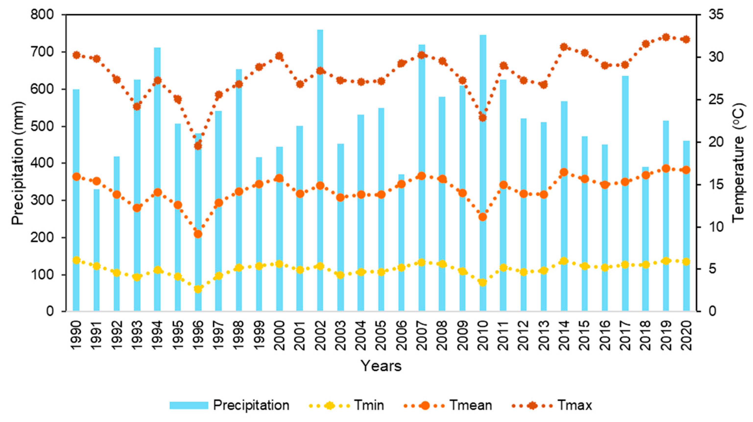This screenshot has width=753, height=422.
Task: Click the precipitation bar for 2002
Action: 320,170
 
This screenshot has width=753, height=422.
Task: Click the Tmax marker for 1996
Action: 198,146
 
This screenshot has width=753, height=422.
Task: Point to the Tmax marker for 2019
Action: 666,45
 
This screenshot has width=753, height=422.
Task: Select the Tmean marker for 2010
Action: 483,217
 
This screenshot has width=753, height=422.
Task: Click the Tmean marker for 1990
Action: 76,177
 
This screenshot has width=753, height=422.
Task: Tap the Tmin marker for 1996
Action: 198,289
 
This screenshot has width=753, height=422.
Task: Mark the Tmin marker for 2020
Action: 686,261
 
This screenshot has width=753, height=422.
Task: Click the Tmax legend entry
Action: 552,405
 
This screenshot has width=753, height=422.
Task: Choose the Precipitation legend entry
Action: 229,405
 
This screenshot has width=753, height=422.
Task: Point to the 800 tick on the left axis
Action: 42,15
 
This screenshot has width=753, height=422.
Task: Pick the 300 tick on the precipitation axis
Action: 42,200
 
